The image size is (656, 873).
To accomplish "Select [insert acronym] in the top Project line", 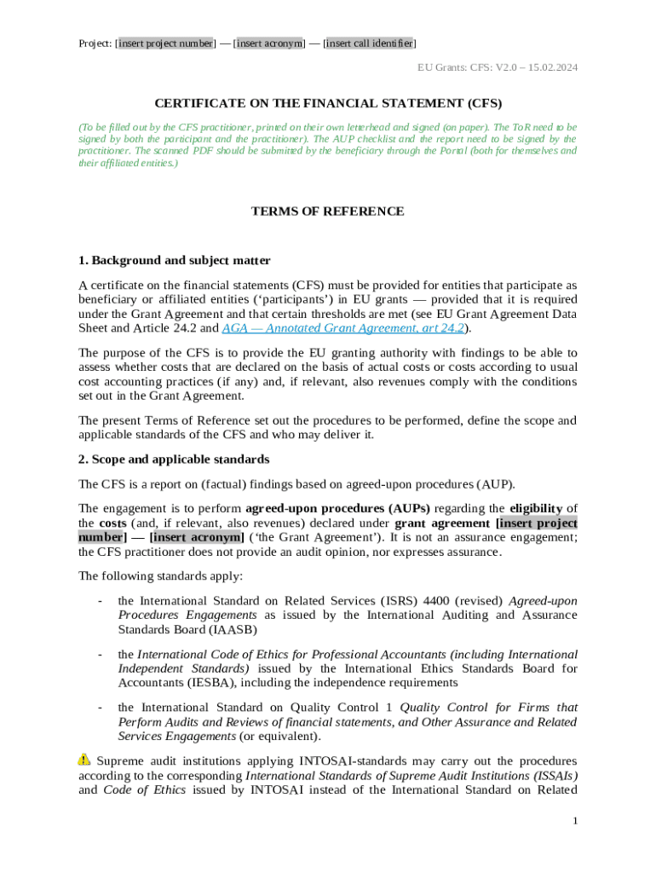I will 269,43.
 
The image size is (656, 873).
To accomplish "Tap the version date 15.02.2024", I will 549,66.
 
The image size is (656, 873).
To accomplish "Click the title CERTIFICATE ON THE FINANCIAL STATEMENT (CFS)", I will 327,104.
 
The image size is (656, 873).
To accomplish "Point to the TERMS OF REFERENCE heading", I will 327,211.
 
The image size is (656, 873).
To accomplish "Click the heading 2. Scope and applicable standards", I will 174,460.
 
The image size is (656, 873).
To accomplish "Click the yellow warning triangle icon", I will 84,759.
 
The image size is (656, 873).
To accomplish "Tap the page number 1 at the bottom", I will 575,820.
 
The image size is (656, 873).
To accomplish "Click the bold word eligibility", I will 537,508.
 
